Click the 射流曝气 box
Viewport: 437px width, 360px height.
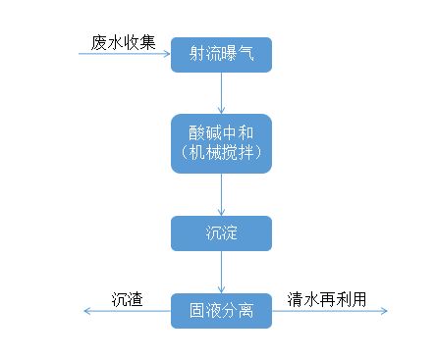(x=221, y=54)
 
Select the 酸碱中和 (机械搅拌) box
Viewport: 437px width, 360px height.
(x=221, y=143)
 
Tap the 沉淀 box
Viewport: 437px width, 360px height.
(x=221, y=232)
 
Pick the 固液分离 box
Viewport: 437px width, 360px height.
(x=221, y=311)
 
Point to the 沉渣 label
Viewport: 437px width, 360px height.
(x=128, y=299)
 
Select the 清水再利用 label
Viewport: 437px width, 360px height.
(x=327, y=299)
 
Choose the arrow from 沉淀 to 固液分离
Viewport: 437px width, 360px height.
(x=222, y=272)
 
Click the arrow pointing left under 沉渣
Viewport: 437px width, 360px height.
(x=128, y=312)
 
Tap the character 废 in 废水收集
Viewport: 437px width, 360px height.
(x=98, y=42)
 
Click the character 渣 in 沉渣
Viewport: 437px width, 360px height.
(x=136, y=299)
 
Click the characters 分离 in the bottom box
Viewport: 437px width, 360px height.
(x=237, y=311)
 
